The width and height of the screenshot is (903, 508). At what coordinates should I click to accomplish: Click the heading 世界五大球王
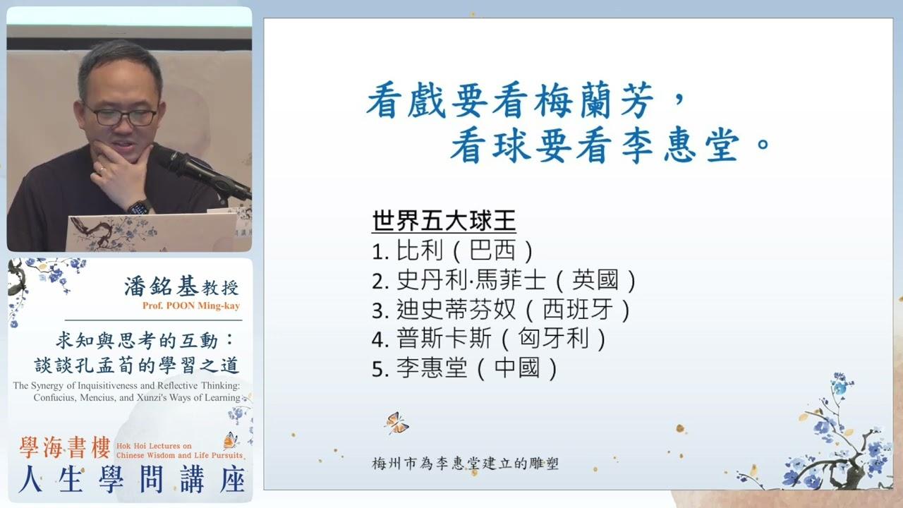(444, 221)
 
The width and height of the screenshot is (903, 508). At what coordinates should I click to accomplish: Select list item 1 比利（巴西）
(453, 250)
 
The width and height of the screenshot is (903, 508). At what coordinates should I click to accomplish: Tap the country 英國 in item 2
(595, 280)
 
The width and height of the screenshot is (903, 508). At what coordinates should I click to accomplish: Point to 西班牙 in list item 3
(578, 310)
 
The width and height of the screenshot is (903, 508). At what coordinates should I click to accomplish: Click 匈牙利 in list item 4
(554, 339)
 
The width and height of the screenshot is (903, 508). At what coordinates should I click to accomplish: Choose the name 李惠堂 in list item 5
(432, 368)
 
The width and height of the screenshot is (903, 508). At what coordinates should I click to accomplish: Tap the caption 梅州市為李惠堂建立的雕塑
(465, 464)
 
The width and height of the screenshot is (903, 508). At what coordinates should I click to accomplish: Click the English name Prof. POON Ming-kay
(191, 306)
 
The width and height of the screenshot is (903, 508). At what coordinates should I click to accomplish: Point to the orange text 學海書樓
(65, 447)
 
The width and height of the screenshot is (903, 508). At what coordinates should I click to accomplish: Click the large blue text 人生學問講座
(132, 479)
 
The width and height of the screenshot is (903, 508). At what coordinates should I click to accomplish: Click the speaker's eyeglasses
(120, 116)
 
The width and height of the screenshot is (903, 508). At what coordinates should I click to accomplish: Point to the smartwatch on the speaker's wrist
(139, 207)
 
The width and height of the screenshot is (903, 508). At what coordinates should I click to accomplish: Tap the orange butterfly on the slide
(397, 423)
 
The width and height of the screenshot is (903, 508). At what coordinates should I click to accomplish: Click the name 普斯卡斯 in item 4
(444, 339)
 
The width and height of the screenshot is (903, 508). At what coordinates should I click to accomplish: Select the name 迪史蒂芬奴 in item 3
(456, 310)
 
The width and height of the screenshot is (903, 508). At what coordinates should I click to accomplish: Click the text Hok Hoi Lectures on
(154, 445)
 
